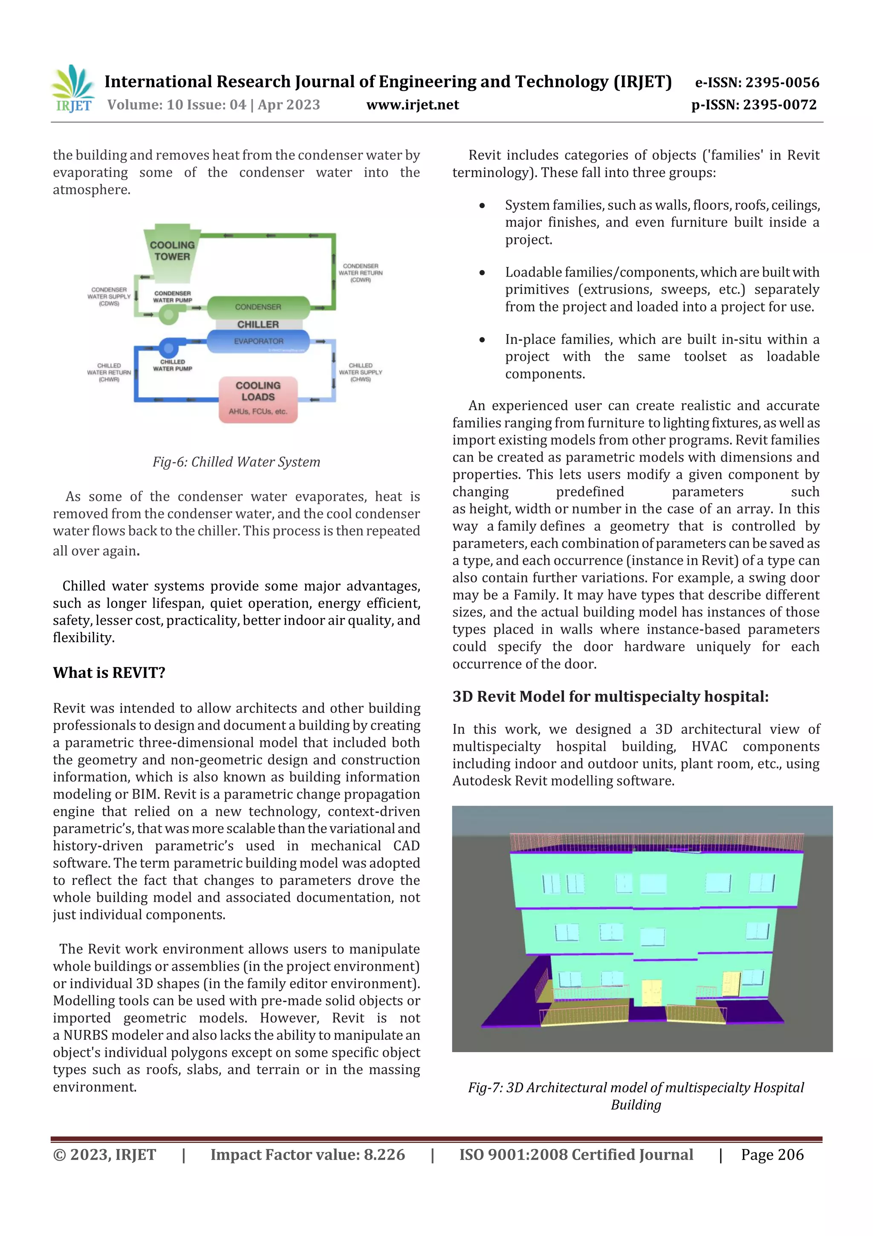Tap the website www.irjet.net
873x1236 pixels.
coord(413,105)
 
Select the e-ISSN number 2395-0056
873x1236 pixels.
coord(757,82)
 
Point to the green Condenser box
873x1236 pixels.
coord(258,307)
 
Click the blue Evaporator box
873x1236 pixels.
coord(258,341)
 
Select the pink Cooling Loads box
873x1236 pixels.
coord(258,399)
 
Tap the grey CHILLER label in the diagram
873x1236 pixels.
coord(258,325)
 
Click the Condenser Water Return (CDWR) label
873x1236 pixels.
coord(360,273)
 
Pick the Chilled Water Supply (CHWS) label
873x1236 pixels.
coord(360,372)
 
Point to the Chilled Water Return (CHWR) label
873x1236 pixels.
coord(109,372)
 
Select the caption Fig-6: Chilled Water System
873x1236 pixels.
coord(236,462)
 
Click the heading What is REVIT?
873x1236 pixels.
coord(109,673)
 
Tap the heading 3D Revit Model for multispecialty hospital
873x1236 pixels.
coord(610,697)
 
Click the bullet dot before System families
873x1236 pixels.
coord(482,206)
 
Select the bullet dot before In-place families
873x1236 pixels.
coord(482,340)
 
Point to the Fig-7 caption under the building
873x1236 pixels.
coord(636,1096)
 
